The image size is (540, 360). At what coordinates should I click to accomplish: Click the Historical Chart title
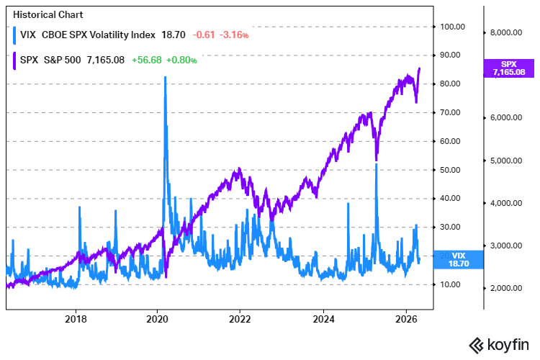coord(44,14)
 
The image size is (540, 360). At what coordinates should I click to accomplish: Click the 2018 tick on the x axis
coord(76,318)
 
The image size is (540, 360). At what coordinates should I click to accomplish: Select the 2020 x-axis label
coord(158,318)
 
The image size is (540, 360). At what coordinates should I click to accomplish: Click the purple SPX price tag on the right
coord(508,68)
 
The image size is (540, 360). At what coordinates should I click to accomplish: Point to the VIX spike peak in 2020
coord(166,77)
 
